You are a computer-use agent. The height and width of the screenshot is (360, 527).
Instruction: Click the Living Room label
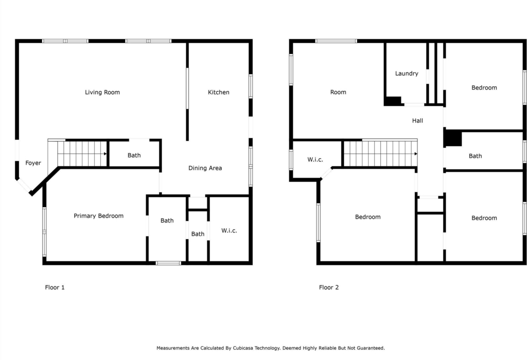tap(102, 93)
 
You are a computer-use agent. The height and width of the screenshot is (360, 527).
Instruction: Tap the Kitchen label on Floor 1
tap(218, 93)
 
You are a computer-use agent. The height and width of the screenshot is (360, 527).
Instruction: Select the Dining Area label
tap(205, 168)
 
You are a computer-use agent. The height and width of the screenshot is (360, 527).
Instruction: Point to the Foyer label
tap(33, 163)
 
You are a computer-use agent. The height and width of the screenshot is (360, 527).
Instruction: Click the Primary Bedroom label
tap(98, 216)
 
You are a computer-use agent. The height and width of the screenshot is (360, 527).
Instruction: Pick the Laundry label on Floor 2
tap(407, 74)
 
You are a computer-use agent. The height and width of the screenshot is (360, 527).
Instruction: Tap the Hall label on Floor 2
tap(417, 120)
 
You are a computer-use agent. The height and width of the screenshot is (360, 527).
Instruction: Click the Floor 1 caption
tap(55, 287)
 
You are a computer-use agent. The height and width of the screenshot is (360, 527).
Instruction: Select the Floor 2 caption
tap(329, 287)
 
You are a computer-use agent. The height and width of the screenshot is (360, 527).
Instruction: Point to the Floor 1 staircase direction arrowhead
tap(105, 154)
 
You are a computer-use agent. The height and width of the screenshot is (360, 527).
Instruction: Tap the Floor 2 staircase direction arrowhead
tap(416, 154)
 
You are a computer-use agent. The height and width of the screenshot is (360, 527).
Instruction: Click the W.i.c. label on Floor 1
tap(229, 231)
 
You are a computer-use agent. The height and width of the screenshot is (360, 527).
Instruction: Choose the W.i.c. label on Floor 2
tap(315, 159)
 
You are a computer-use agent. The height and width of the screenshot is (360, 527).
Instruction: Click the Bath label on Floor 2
tap(475, 156)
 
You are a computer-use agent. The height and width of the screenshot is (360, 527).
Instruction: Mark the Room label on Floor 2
tap(338, 93)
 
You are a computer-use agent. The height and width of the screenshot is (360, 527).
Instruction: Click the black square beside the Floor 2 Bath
tap(453, 138)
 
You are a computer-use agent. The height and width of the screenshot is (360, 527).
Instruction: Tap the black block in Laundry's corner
tap(393, 101)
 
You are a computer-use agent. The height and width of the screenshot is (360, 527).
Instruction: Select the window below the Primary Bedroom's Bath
tap(168, 263)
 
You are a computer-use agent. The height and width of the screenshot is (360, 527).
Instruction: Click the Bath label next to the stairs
tap(134, 155)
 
